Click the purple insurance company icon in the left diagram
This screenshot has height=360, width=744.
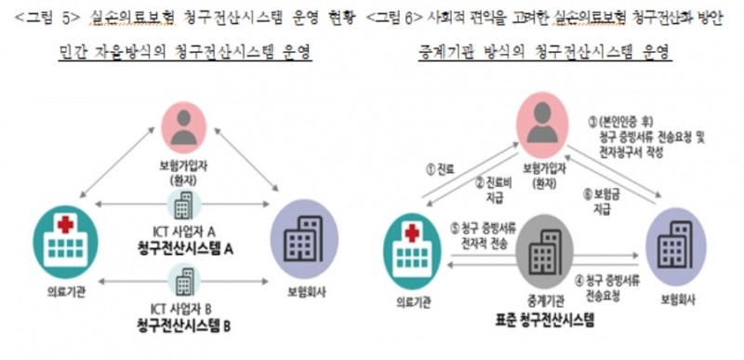(299, 237)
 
